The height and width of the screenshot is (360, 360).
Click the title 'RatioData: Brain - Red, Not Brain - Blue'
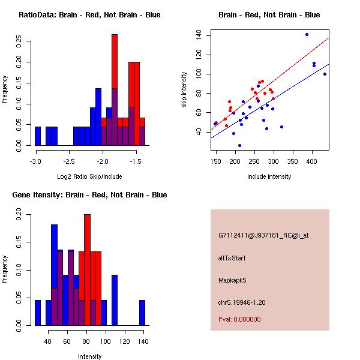tap(89, 15)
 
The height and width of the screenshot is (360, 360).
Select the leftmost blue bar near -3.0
tap(38, 136)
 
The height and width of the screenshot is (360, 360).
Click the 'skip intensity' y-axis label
tap(185, 90)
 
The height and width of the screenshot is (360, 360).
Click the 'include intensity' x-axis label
tap(269, 176)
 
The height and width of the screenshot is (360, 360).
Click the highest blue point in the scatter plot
tap(307, 34)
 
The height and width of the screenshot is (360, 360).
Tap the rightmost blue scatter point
tap(325, 74)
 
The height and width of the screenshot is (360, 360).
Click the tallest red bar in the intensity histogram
tap(88, 270)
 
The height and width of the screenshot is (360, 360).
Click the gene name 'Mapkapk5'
tap(232, 280)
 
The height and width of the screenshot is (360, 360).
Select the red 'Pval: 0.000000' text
tap(239, 319)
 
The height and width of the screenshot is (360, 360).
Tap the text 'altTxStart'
tap(232, 258)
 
